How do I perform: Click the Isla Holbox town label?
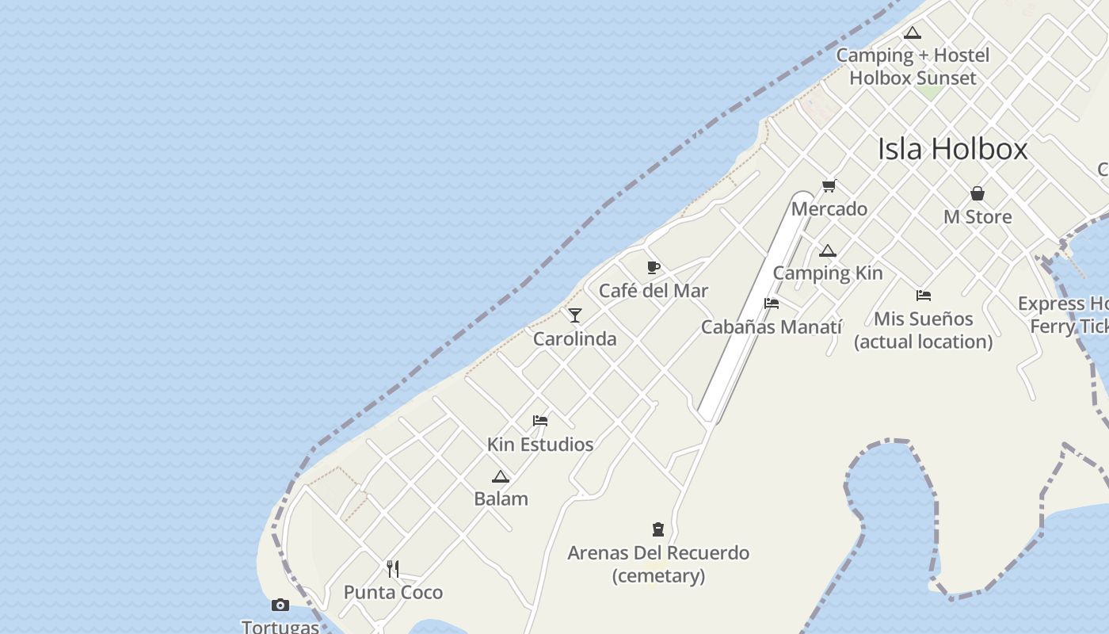952,149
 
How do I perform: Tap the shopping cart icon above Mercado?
829,186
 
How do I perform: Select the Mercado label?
829,209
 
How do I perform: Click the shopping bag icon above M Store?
978,193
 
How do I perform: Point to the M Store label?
978,217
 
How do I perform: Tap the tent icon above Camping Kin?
828,251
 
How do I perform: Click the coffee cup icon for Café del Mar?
654,268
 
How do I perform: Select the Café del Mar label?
654,291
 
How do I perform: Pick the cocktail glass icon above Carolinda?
575,315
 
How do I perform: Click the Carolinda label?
575,339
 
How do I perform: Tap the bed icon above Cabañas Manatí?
772,304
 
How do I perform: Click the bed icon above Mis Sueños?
924,296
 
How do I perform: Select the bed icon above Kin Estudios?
540,421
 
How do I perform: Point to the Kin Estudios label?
540,445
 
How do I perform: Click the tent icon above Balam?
500,476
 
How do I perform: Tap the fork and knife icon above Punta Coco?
393,568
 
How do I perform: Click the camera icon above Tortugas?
280,605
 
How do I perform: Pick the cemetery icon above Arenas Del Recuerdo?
658,529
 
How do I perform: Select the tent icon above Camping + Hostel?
913,33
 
